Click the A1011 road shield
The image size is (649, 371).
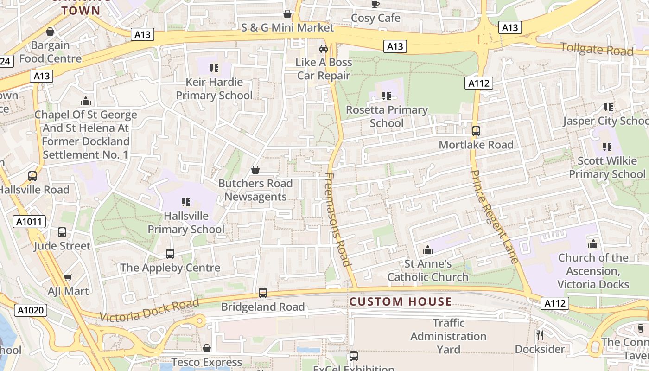click(29, 222)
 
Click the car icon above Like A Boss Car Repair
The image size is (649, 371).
click(324, 48)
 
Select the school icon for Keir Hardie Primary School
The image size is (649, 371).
click(214, 68)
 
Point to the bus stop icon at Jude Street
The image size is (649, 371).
click(62, 232)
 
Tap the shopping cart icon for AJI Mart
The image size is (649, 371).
click(68, 277)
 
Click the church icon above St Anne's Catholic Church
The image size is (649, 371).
click(427, 250)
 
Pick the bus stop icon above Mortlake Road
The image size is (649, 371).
click(476, 131)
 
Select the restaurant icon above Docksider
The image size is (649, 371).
click(540, 335)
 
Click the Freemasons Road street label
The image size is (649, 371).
click(337, 219)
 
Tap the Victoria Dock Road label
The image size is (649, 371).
click(149, 310)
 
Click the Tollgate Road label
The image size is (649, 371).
click(597, 49)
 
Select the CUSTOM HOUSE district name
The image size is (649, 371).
click(401, 301)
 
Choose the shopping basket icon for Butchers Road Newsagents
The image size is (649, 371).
click(255, 170)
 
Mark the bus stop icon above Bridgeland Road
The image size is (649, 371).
click(263, 293)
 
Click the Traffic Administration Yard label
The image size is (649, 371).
click(448, 336)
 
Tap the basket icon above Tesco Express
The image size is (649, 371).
click(207, 348)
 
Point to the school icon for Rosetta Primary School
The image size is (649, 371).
click(387, 96)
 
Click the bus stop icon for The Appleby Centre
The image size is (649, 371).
click(170, 254)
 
